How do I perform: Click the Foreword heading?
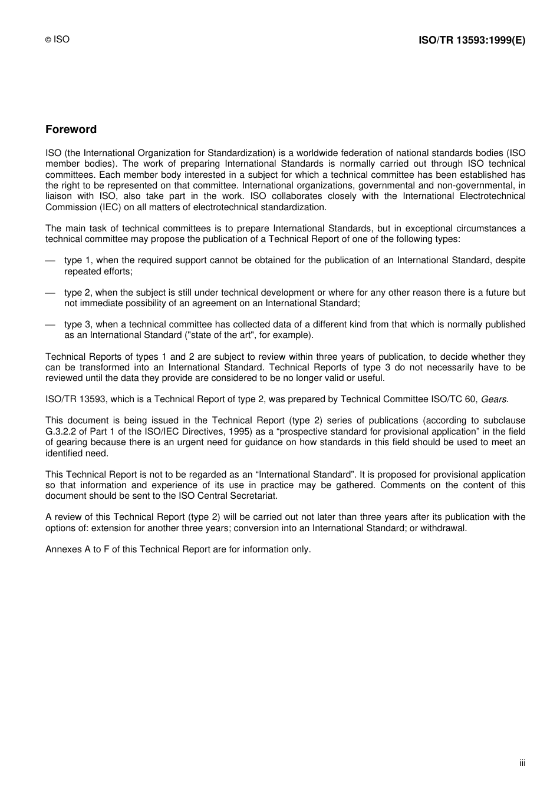pyautogui.click(x=71, y=130)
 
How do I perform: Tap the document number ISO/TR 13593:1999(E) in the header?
pyautogui.click(x=472, y=41)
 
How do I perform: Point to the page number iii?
pyautogui.click(x=522, y=763)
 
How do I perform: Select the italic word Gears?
pyautogui.click(x=494, y=399)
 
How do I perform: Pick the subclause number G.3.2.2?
pyautogui.click(x=61, y=432)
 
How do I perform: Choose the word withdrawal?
pyautogui.click(x=443, y=528)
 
